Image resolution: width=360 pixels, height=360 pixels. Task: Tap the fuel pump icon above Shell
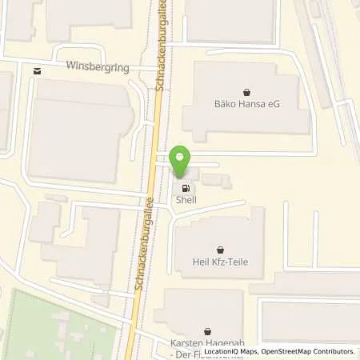pyautogui.click(x=186, y=189)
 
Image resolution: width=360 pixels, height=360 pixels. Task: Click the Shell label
pyautogui.click(x=185, y=201)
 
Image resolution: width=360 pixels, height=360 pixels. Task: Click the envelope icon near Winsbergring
pyautogui.click(x=37, y=71)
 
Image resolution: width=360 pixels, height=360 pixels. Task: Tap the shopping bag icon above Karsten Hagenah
pyautogui.click(x=207, y=330)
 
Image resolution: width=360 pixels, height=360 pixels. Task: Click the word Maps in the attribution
pyautogui.click(x=244, y=351)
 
